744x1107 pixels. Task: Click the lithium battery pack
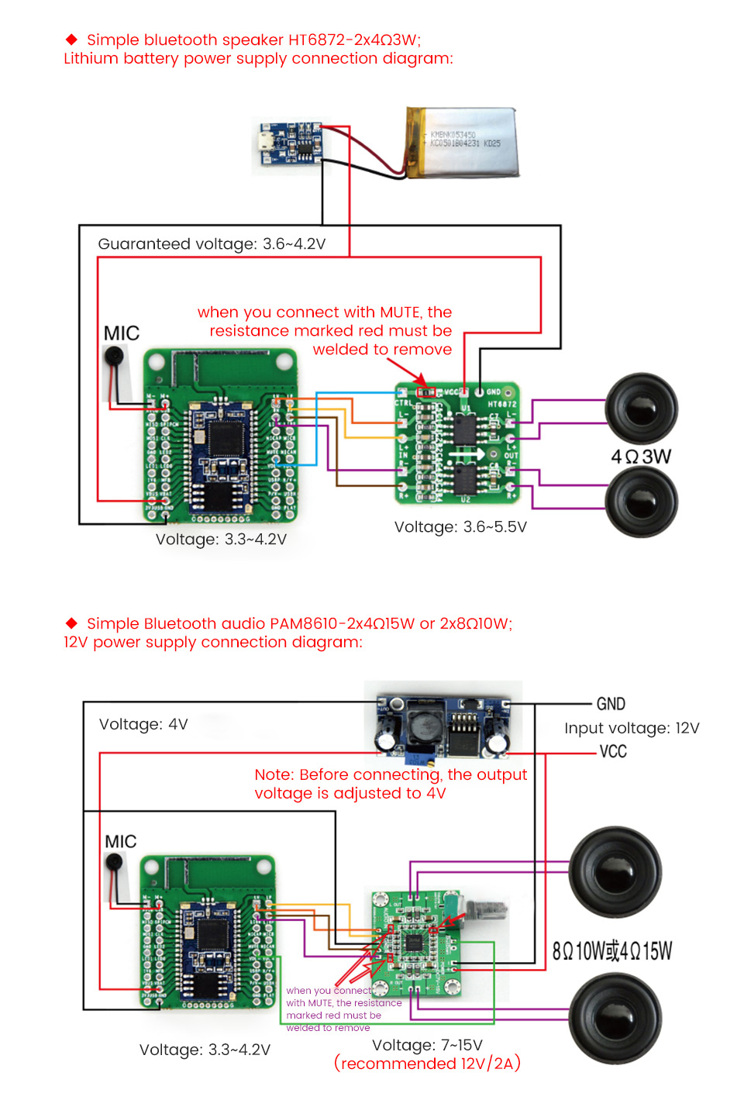coord(463,143)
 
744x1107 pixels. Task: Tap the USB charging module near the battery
coord(290,144)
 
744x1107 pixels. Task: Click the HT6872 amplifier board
coord(457,443)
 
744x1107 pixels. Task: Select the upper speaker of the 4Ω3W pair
coord(641,408)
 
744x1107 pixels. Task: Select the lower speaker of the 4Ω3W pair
coord(641,502)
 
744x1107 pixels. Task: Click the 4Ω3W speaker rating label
coord(641,456)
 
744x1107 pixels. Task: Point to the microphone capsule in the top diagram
coord(115,357)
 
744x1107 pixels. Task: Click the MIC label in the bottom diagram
coord(121,841)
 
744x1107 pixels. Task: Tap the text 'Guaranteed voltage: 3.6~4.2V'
coord(212,243)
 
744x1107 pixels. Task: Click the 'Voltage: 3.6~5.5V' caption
coord(460,527)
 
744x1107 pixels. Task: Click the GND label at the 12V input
coord(611,704)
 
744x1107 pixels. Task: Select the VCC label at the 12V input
coord(613,751)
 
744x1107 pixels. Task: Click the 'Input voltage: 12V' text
coord(632,728)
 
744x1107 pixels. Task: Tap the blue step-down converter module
coord(443,725)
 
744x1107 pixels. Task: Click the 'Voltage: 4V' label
coord(143,724)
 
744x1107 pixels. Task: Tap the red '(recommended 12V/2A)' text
coord(427,1063)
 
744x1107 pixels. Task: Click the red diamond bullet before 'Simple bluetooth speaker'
coord(72,39)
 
